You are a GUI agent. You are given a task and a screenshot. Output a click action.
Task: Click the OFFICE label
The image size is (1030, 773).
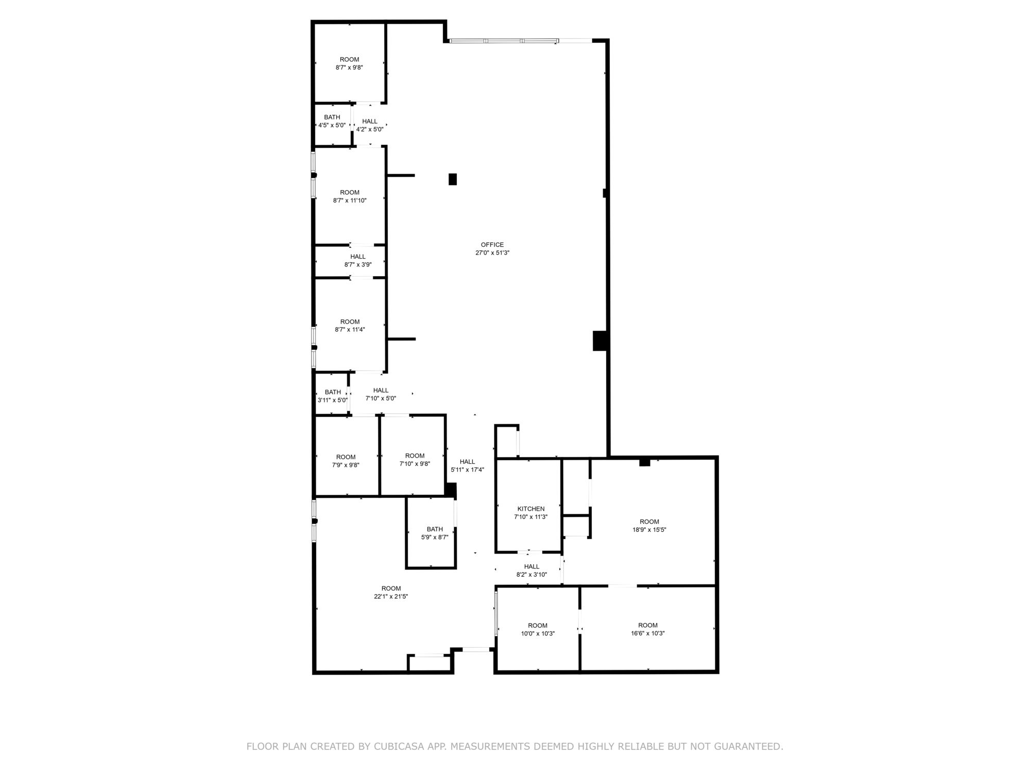492,245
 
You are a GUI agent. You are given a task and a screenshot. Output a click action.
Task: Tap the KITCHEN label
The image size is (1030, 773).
531,509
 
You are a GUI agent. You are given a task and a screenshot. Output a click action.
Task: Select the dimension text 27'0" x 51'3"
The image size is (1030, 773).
492,253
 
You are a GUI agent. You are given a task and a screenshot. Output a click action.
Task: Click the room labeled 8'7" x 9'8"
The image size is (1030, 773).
350,63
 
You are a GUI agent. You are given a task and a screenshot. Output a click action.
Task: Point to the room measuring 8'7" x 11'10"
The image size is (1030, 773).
350,196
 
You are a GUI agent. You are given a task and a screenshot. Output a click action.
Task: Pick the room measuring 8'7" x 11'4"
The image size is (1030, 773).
350,325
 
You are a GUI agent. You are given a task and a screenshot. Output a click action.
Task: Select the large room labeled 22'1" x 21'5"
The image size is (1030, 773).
391,593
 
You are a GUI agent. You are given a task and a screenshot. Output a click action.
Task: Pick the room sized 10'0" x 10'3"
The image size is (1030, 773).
538,629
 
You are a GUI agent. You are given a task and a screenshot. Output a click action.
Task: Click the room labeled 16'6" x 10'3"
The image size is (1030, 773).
648,629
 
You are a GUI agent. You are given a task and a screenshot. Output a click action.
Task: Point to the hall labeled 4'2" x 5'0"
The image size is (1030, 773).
370,125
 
